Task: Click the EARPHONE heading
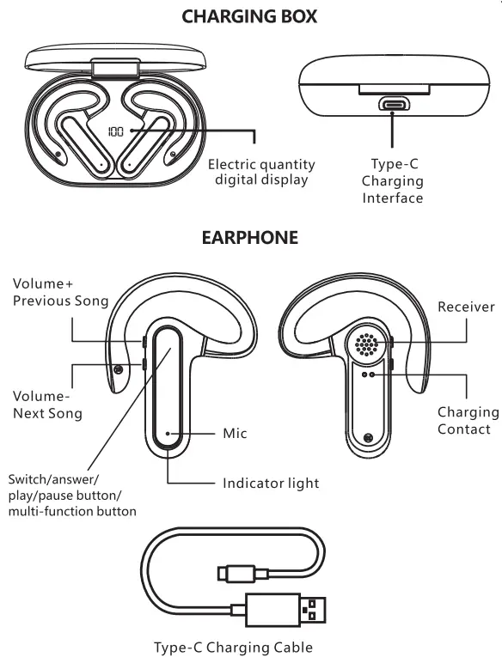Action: [249, 238]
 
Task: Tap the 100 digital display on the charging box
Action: [116, 132]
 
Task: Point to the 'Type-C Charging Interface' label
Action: [392, 181]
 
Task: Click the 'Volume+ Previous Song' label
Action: [60, 292]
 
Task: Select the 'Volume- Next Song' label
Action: [47, 405]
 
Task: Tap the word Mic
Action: [235, 433]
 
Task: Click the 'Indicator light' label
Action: [271, 484]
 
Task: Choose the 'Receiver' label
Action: [466, 307]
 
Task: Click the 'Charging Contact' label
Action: [468, 421]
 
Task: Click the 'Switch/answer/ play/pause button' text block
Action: [71, 495]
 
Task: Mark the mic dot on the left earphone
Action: [168, 434]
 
